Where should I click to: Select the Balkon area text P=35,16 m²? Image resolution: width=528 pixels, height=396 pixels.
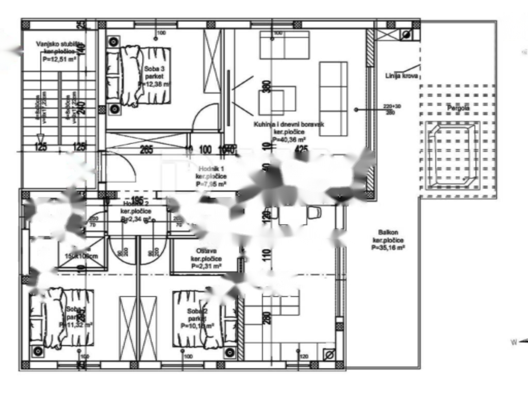pyautogui.click(x=388, y=247)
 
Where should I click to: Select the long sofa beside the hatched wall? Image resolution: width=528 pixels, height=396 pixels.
pyautogui.click(x=333, y=98)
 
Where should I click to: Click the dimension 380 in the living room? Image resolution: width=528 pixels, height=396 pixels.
pyautogui.click(x=267, y=86)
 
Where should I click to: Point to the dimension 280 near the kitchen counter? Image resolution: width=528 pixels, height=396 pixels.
pyautogui.click(x=267, y=318)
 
